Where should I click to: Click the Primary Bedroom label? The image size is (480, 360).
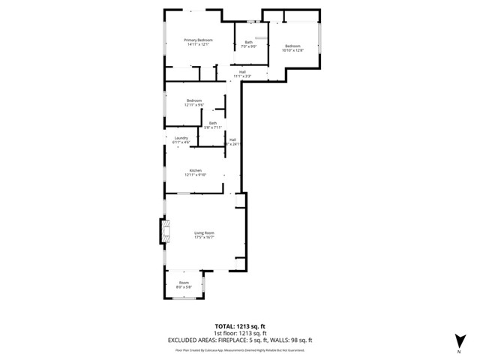[x=199, y=40]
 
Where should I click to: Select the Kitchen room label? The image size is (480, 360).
[x=196, y=170]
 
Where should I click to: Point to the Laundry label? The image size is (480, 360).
[x=181, y=137]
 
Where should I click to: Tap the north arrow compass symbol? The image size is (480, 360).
[x=458, y=341]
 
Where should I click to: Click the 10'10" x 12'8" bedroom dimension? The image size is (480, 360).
[x=292, y=50]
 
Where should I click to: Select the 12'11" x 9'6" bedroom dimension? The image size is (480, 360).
[x=194, y=105]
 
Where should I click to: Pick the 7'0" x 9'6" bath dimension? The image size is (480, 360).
[x=248, y=46]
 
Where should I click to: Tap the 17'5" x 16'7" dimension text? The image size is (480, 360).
[x=205, y=237]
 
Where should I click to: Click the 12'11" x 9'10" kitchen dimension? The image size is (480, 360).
[x=196, y=175]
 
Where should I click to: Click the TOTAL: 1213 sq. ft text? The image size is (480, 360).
[x=240, y=326]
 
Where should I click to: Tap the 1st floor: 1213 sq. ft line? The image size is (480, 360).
[x=240, y=333]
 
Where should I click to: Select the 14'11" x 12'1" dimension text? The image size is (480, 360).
[x=199, y=44]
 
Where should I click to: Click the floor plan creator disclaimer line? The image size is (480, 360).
[x=240, y=349]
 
